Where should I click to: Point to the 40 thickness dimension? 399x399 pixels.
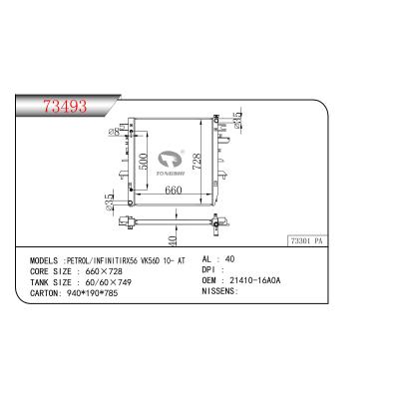(x=173, y=240)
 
